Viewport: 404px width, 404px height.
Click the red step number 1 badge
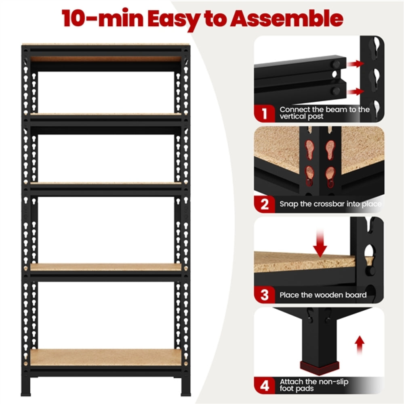coord(265,113)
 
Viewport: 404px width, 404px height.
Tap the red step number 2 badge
coord(265,204)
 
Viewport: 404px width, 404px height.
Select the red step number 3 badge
coord(265,295)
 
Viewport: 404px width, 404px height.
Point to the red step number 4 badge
coord(265,385)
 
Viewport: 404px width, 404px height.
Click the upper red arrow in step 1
coord(356,63)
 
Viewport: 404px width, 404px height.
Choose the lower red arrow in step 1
coord(356,92)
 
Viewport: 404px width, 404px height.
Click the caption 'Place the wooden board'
coord(323,295)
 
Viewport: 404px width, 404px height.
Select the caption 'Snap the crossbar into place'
coord(330,204)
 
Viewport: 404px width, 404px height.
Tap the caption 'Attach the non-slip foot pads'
coord(314,385)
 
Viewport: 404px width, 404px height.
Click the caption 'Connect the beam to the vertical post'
coord(324,113)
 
